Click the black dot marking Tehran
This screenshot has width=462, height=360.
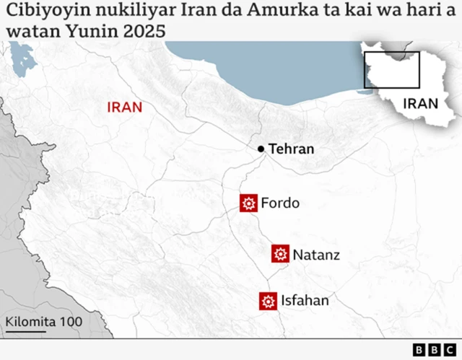click(261, 149)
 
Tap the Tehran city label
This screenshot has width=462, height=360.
click(292, 149)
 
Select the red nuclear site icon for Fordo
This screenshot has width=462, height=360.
click(249, 203)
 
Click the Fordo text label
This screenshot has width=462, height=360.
click(280, 203)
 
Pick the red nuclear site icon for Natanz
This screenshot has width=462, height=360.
click(281, 254)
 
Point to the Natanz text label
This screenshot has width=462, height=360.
click(316, 254)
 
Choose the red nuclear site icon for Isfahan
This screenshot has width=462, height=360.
click(269, 301)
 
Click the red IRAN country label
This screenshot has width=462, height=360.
click(125, 107)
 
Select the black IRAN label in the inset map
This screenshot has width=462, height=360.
click(421, 103)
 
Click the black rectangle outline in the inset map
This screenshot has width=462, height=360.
click(391, 70)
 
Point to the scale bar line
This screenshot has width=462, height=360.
click(25, 332)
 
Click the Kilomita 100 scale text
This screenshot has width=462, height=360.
click(43, 322)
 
